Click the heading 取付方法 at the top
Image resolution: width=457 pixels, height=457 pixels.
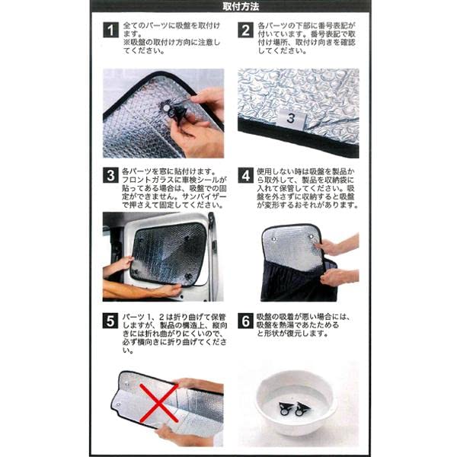point(241,6)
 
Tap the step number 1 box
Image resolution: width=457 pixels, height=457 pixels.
point(110,30)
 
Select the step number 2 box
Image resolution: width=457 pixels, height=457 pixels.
point(246,30)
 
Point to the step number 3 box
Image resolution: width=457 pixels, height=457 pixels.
point(110,175)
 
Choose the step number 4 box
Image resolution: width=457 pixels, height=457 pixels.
point(246,175)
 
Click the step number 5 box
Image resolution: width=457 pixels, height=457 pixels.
point(110,321)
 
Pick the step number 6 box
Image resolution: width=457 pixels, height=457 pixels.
point(246,321)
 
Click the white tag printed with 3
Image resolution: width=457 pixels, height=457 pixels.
point(291,119)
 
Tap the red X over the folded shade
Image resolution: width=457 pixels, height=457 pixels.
point(159,403)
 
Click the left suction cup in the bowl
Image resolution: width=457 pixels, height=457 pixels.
point(285,409)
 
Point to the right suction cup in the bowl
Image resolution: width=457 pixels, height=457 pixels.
point(302,408)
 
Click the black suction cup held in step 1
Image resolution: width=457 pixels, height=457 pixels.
point(177,112)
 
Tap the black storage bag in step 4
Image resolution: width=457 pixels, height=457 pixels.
point(297,280)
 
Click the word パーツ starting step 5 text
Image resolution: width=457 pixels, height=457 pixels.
point(133,317)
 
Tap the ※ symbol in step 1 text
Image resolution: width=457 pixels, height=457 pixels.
point(126,43)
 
